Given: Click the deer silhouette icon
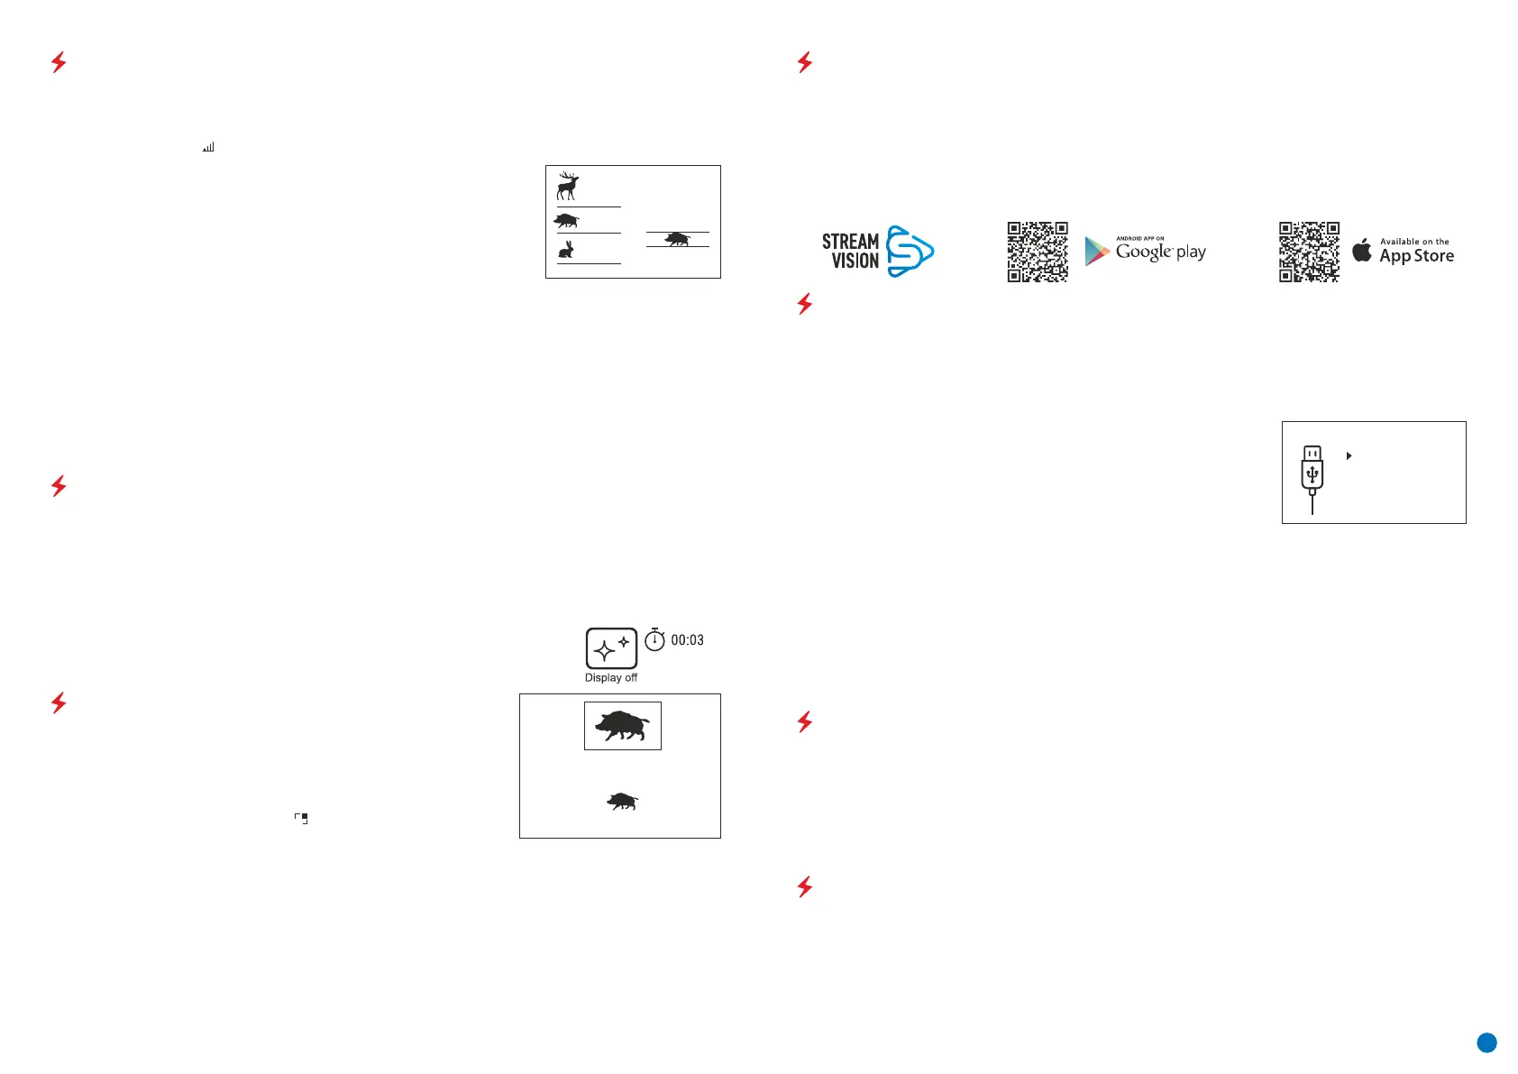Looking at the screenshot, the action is tap(567, 186).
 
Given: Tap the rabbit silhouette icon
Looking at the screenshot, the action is tap(566, 250).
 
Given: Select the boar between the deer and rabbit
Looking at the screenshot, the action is tap(566, 220).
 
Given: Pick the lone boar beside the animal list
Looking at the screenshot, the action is tap(677, 239).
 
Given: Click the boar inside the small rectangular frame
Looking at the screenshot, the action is tap(622, 725).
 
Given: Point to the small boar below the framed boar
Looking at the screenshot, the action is tap(622, 801).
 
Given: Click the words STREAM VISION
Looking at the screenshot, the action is tap(850, 252).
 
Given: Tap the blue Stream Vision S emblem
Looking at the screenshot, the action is tap(909, 252).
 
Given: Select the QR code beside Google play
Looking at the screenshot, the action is tap(1038, 252).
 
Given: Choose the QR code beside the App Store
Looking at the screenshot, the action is tap(1309, 252).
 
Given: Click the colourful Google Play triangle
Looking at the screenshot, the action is tap(1096, 252).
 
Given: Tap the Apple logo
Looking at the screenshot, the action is tap(1362, 251).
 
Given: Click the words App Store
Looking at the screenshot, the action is tap(1416, 256).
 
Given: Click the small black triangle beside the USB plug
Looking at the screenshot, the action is tap(1349, 456).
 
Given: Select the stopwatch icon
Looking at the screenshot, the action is tap(654, 639).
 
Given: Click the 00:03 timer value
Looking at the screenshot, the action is tap(687, 640).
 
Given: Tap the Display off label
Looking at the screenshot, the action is tap(610, 678).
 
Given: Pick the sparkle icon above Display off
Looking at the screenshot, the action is tap(611, 647).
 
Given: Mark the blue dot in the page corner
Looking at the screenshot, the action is tap(1486, 1043).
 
